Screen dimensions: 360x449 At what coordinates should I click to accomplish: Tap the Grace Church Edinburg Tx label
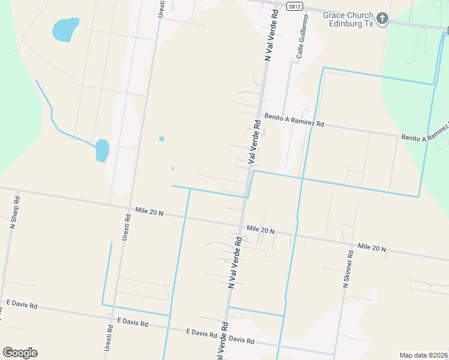pyautogui.click(x=348, y=19)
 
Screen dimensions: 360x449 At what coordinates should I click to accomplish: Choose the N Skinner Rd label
pyautogui.click(x=348, y=269)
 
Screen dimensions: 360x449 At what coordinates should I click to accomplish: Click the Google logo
pyautogui.click(x=20, y=353)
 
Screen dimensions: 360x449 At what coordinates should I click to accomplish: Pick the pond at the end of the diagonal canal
pyautogui.click(x=102, y=151)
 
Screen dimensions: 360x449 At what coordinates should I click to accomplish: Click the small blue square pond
pyautogui.click(x=161, y=139)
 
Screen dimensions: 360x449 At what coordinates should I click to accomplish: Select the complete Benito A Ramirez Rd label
pyautogui.click(x=294, y=121)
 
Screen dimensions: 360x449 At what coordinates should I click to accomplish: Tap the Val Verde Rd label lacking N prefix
pyautogui.click(x=255, y=142)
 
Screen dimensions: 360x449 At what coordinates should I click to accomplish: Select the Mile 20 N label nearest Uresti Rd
pyautogui.click(x=149, y=211)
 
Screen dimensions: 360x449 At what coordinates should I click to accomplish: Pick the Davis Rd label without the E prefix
pyautogui.click(x=242, y=340)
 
